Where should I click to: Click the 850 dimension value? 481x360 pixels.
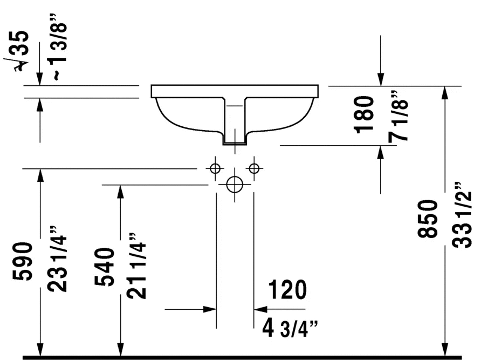click(427, 219)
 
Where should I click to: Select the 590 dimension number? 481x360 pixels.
click(23, 261)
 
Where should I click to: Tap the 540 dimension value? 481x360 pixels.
click(105, 267)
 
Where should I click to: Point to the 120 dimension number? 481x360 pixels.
click(287, 290)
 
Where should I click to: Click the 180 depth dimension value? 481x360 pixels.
click(364, 114)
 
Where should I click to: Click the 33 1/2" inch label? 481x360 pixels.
click(462, 215)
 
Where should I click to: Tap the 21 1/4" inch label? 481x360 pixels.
click(137, 266)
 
